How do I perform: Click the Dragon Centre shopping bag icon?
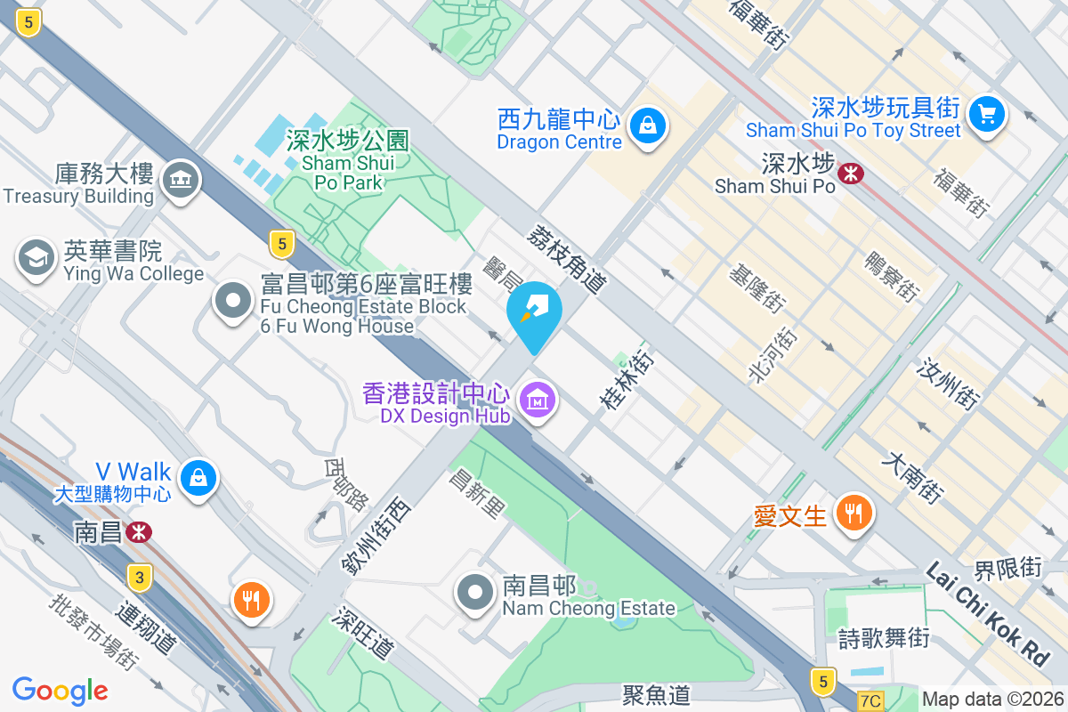click(x=648, y=125)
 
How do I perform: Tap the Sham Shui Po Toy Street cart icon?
click(x=986, y=114)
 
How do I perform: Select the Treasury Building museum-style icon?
click(x=181, y=181)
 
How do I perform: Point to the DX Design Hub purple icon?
click(x=538, y=400)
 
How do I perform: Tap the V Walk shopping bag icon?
click(x=198, y=478)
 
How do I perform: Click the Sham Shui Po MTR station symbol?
click(x=852, y=173)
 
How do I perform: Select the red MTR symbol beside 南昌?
click(x=138, y=532)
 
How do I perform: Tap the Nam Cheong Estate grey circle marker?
click(x=475, y=592)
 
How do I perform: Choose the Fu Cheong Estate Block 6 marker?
click(x=233, y=301)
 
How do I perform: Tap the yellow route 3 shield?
click(x=138, y=577)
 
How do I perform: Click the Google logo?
click(x=61, y=691)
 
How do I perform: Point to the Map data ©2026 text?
click(x=992, y=699)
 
